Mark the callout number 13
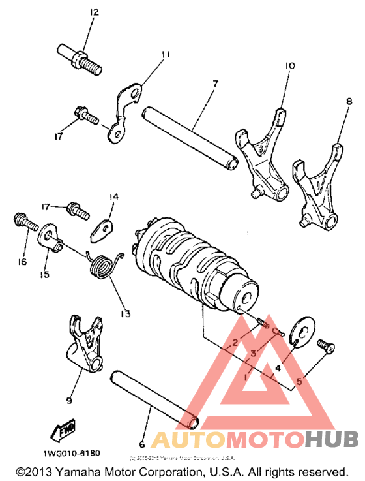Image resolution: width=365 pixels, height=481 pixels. (124, 314)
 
